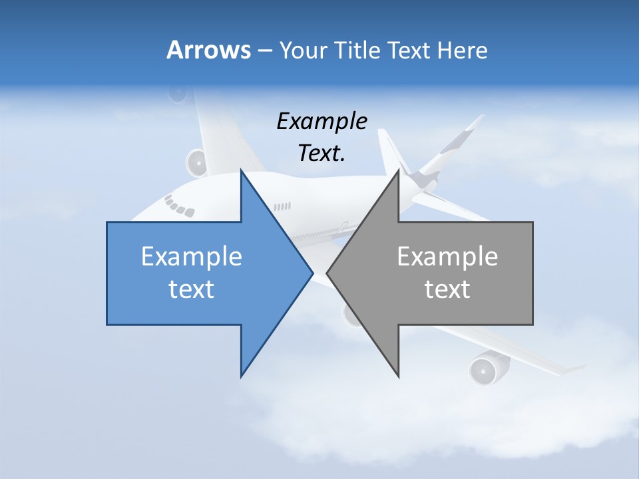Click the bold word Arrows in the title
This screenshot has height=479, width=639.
tap(209, 50)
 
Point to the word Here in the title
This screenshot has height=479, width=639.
tap(462, 51)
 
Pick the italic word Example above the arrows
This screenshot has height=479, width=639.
tap(321, 121)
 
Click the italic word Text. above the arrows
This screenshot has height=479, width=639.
tap(321, 153)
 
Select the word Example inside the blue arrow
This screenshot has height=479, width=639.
tap(192, 256)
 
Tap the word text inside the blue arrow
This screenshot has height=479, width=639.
tap(192, 289)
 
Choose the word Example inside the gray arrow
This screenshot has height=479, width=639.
tap(447, 256)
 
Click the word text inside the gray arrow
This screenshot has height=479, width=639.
tap(447, 289)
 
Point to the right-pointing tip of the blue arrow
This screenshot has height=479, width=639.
tap(312, 273)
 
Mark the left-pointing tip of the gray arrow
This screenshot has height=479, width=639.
tap(327, 273)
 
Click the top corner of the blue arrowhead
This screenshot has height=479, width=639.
tap(241, 171)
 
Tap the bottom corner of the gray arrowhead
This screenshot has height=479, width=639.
tap(399, 377)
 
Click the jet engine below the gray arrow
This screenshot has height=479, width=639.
tap(482, 370)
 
